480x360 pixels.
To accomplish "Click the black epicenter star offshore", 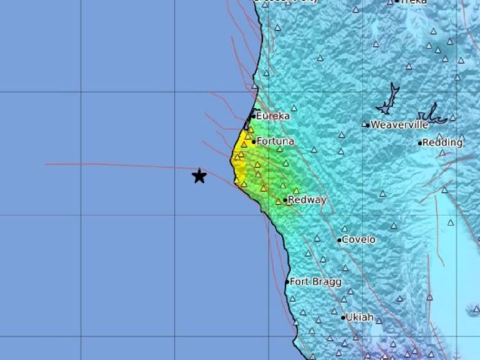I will [x=200, y=176].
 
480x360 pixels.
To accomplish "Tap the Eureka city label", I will [x=273, y=116].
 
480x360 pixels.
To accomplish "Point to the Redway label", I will [x=307, y=200].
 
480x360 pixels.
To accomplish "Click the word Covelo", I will [x=359, y=240].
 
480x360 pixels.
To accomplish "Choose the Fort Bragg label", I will [x=316, y=281].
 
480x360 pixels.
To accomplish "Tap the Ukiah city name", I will [x=360, y=317].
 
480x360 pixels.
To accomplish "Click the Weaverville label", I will [x=399, y=125].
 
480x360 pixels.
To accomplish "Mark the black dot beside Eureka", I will [x=253, y=116].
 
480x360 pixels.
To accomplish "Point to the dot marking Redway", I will [x=285, y=200].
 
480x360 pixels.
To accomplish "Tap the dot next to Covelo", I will [x=340, y=240].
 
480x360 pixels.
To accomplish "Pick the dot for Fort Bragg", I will [x=287, y=282].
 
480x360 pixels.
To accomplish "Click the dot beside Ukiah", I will [x=343, y=317].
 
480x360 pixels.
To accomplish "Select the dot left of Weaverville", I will [x=367, y=125].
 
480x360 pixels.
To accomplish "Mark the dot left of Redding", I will [x=420, y=143].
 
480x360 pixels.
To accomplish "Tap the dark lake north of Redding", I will [x=433, y=115].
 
